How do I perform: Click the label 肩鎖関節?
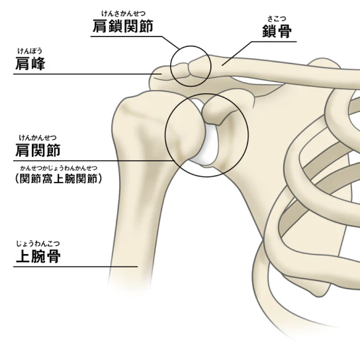pos(123,26)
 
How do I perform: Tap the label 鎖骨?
pos(277,31)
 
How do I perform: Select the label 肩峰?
pos(30,64)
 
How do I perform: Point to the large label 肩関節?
pos(38,150)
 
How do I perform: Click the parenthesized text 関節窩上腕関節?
pos(58,179)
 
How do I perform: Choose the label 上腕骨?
pos(38,256)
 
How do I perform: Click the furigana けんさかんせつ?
pos(124,13)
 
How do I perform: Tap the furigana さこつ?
pos(277,19)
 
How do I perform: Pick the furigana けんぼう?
pos(30,51)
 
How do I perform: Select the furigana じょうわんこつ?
pos(38,244)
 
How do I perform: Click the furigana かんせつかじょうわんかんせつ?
pos(59,168)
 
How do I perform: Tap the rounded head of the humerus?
pos(184,128)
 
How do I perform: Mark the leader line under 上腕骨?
pos(75,267)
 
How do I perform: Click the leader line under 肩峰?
pos(88,74)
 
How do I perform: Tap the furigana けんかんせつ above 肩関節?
pos(38,138)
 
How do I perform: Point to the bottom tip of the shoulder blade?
pos(319,295)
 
